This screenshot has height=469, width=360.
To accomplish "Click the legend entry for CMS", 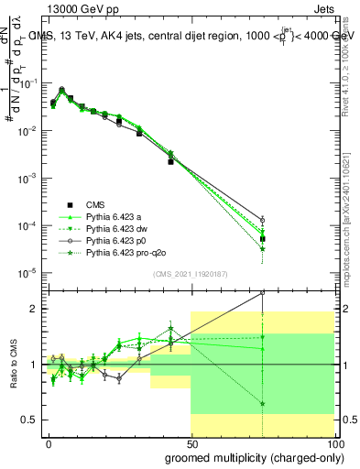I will point(97,204).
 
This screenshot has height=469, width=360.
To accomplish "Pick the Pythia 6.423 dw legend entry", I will point(116,228).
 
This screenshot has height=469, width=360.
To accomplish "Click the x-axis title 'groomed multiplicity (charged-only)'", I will point(250,456).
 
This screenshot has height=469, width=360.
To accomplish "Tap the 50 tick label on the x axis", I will point(191,443).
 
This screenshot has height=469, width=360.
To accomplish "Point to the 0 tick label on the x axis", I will point(49,443).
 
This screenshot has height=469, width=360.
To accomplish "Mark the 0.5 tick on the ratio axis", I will point(28,420).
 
